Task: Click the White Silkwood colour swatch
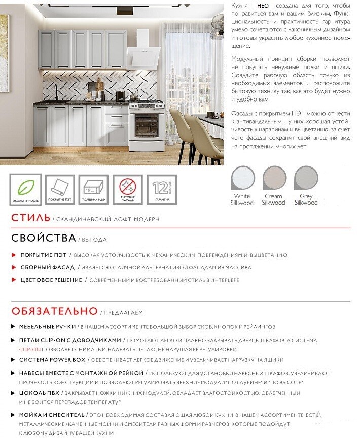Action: coord(242,179)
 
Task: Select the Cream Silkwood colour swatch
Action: coord(274,179)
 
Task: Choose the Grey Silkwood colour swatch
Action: coord(306,179)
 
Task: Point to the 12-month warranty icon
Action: coord(162,189)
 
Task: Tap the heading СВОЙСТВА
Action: coord(44,238)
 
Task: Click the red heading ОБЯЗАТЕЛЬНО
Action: coord(54,311)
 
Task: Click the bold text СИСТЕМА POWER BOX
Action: coord(52,360)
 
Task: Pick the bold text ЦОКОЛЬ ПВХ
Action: coord(40,393)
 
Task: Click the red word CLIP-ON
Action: coord(29,349)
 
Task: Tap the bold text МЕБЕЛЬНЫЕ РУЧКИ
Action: coord(48,326)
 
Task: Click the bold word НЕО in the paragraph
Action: coord(263,5)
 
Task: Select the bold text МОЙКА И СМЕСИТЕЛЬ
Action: coord(52,415)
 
